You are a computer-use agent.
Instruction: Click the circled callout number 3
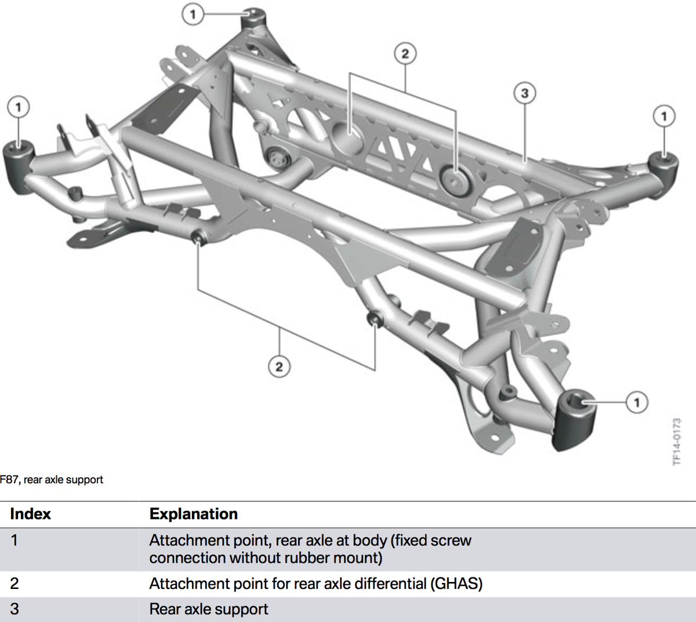tap(524, 93)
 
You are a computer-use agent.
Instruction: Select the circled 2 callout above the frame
tap(405, 54)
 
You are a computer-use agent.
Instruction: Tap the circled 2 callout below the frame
tap(279, 366)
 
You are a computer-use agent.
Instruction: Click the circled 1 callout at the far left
tap(19, 107)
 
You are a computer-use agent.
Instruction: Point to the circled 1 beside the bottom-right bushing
tap(637, 402)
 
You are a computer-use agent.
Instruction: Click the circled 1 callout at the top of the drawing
tap(193, 14)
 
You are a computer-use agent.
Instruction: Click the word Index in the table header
tap(31, 514)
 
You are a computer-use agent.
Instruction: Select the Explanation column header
tap(194, 514)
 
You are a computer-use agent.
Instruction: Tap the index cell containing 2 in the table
tap(14, 584)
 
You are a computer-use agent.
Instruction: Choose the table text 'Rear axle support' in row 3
tap(209, 609)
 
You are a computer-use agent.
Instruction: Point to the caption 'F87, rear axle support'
tap(52, 480)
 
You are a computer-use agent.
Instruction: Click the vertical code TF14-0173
tap(676, 441)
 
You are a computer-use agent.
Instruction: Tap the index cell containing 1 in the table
tap(14, 540)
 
